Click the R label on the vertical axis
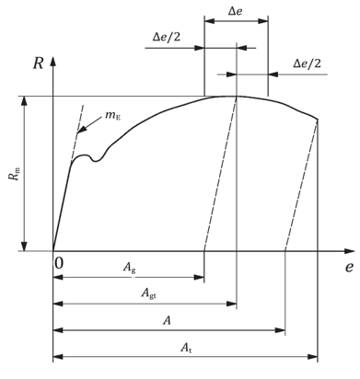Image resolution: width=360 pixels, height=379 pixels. [x=38, y=63]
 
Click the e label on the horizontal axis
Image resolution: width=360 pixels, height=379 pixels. [x=349, y=268]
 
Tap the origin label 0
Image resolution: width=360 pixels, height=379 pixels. [x=59, y=263]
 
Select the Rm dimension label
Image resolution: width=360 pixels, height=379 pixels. [x=16, y=173]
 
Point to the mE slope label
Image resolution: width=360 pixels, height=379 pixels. [x=113, y=116]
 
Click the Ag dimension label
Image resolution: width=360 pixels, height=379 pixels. [x=129, y=267]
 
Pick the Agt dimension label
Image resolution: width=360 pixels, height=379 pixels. [x=149, y=293]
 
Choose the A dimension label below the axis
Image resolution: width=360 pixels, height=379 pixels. [x=167, y=320]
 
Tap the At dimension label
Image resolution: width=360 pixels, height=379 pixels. [x=186, y=348]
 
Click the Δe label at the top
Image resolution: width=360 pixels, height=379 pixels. [x=237, y=11]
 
